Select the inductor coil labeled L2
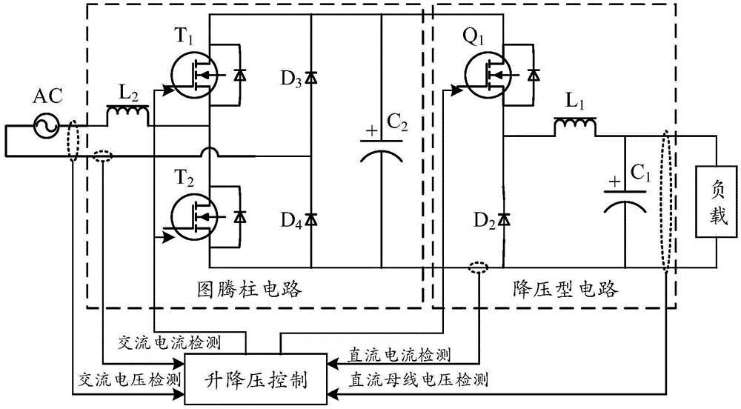click(x=128, y=116)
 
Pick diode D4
click(x=311, y=218)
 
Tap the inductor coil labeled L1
click(x=574, y=127)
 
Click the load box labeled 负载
click(x=717, y=202)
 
